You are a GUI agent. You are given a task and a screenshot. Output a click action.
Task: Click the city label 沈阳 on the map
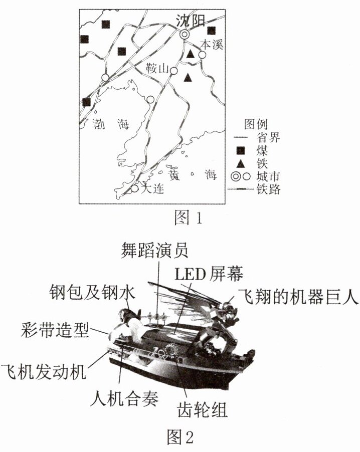(191, 21)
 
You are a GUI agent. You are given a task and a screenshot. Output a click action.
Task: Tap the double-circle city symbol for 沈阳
(185, 35)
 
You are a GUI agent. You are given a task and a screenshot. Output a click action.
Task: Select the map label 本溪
(212, 45)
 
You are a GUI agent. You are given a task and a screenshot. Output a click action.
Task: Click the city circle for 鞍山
(173, 71)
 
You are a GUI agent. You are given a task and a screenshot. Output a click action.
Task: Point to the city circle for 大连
(134, 188)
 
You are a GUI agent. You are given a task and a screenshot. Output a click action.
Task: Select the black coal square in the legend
(240, 151)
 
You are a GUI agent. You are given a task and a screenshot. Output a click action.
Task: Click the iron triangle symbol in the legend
(240, 164)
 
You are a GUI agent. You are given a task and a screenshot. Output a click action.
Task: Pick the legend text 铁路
(268, 189)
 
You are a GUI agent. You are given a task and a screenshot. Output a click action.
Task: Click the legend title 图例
(256, 124)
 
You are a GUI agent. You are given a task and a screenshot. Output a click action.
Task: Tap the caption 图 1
(188, 217)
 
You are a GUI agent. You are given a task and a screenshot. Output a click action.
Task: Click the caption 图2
(181, 437)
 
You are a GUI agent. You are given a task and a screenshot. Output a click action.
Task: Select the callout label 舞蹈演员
(154, 250)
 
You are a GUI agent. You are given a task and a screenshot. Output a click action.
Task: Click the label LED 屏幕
(209, 274)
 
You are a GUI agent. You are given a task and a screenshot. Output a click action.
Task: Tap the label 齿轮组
(202, 409)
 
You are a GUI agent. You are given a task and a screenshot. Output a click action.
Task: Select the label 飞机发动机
(44, 372)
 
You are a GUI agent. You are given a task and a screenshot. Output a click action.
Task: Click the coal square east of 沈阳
(212, 30)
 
